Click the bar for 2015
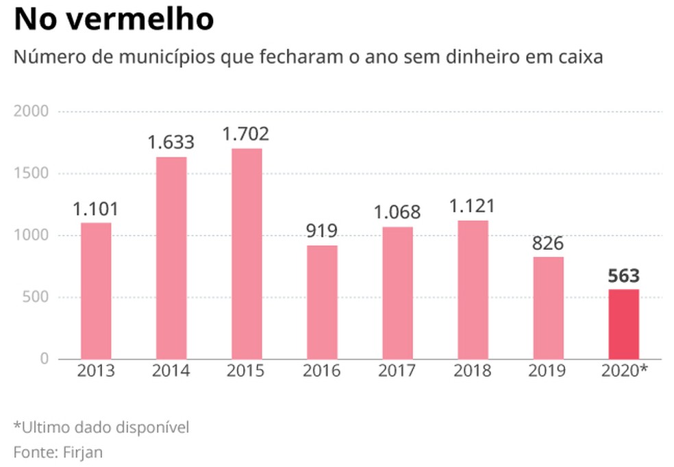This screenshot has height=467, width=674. pyautogui.click(x=247, y=253)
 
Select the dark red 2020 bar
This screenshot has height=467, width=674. pyautogui.click(x=623, y=324)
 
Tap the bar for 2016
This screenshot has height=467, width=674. pyautogui.click(x=322, y=302)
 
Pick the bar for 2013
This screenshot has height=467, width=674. pyautogui.click(x=96, y=290)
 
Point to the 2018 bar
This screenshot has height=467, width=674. pyautogui.click(x=473, y=290)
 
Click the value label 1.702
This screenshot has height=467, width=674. pyautogui.click(x=247, y=134)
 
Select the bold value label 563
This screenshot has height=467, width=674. pyautogui.click(x=623, y=276)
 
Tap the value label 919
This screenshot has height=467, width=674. pyautogui.click(x=322, y=231)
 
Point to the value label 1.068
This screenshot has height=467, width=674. pyautogui.click(x=397, y=212)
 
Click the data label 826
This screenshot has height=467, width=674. pyautogui.click(x=548, y=243)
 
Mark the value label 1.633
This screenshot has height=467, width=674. pyautogui.click(x=171, y=143)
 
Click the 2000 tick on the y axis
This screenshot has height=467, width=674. pyautogui.click(x=31, y=112)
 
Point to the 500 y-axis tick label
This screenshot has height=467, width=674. pyautogui.click(x=35, y=298)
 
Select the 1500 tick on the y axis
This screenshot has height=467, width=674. pyautogui.click(x=31, y=173)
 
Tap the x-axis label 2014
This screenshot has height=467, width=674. pyautogui.click(x=171, y=372)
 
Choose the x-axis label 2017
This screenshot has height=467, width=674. pyautogui.click(x=397, y=372)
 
